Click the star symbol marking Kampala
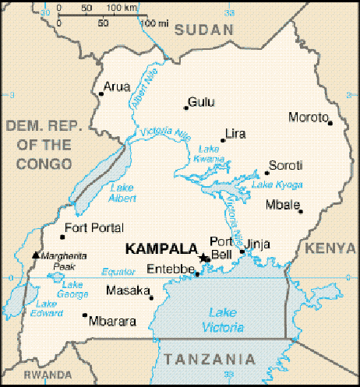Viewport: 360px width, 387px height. pos(204,258)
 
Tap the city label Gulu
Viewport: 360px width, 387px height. pos(201,103)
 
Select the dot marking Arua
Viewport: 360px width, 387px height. pos(101,95)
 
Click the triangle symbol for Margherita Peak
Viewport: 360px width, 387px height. pos(35,255)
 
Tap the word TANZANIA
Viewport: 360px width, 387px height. pos(210,359)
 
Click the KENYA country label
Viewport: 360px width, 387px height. pos(330,248)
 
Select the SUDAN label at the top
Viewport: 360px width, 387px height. pos(204,30)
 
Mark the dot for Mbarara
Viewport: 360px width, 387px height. pos(84,315)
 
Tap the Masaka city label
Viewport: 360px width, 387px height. pos(127,291)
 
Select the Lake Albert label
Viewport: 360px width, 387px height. pos(122,192)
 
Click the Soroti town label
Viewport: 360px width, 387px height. pos(285,165)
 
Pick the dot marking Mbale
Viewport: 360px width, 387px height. pos(300,210)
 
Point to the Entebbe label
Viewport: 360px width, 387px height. pos(171,270)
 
